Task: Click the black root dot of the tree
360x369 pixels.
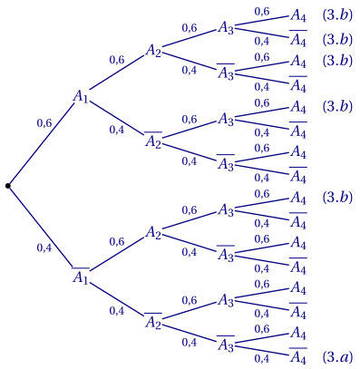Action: coord(8,186)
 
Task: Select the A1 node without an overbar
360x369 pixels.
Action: coord(82,96)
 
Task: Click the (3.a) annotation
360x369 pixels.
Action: coord(337,357)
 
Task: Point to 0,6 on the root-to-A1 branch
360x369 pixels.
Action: coord(44,123)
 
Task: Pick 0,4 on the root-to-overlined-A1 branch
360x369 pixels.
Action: coord(44,247)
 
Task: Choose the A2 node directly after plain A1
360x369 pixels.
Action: coord(154,51)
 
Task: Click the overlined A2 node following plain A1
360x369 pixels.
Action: coord(154,141)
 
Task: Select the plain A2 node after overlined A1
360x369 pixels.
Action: coord(154,233)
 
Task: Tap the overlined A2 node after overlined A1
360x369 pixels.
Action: coord(154,323)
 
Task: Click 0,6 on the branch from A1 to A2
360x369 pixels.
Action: coord(116,60)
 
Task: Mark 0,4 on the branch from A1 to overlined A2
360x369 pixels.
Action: coord(116,130)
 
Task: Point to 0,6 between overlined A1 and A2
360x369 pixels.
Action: coord(116,242)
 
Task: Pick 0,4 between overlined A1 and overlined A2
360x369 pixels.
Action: coord(116,310)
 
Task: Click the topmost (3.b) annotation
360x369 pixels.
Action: coord(337,15)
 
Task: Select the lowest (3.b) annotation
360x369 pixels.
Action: coord(337,198)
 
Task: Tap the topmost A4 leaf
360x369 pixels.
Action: coord(297,15)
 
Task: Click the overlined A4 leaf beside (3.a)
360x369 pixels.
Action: coord(297,357)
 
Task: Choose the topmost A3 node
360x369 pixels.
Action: coord(226,28)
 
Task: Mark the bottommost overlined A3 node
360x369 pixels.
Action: coord(226,345)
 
